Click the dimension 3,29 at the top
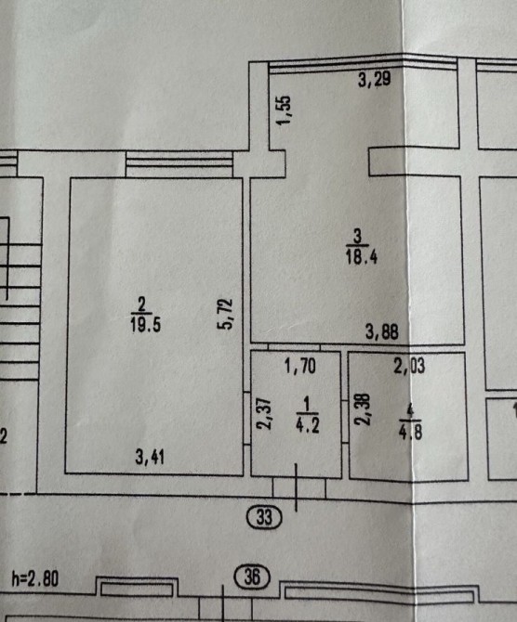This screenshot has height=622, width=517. pos(374,79)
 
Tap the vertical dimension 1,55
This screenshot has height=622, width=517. pos(285,110)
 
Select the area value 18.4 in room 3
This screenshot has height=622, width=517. pos(361,256)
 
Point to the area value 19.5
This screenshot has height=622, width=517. pos(145,325)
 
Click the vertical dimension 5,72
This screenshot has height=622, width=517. pos(225,314)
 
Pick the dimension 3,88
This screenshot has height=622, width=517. pos(382,331)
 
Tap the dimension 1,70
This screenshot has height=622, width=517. pos(300,366)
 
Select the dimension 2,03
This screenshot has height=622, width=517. pos(409,366)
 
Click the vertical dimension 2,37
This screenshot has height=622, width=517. pos(264,414)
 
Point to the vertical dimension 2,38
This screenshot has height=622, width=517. pos(363,409)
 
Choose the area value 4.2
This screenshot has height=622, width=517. pos(308,425)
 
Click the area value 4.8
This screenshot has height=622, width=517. pos(410,432)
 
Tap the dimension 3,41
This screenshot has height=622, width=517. pos(150,457)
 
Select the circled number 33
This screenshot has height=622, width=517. pos(264,517)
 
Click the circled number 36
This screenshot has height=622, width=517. pos(252,576)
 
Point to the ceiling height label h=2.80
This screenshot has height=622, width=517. pos(35,578)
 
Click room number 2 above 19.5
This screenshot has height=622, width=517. pos(141,305)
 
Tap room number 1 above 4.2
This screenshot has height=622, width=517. pos(306,405)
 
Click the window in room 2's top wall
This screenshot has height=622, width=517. pos(179,164)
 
